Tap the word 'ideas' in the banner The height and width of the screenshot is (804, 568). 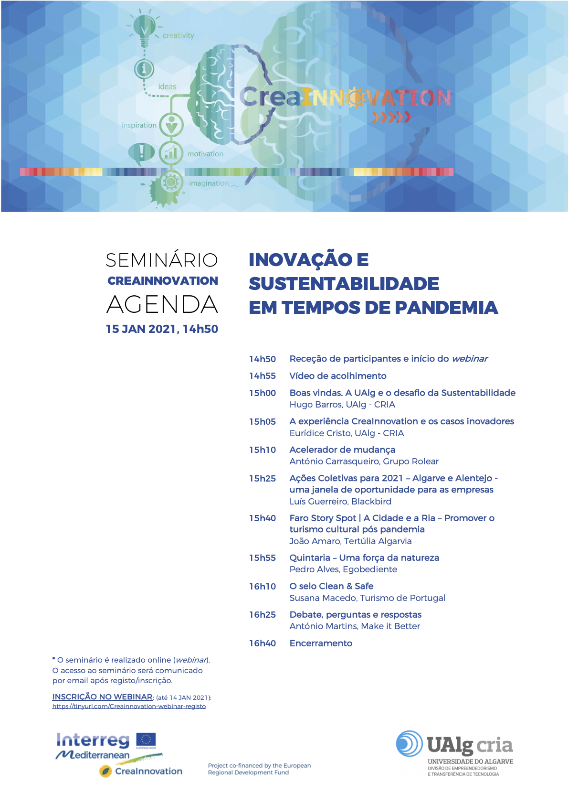coord(167,86)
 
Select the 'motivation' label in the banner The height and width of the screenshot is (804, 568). coord(205,154)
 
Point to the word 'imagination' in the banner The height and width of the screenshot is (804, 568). coord(209,183)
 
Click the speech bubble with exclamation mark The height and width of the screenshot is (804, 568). coord(141,153)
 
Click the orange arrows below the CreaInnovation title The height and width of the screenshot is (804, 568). coord(391,117)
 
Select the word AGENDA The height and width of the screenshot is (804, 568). coord(162,304)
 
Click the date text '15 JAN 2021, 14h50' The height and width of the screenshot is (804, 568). coord(162,329)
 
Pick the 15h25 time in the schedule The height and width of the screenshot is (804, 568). coord(263,478)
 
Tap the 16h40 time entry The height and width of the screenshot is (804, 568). coord(263,643)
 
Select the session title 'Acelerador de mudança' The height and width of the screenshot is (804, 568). coord(342,450)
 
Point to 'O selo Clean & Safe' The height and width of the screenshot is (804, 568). coord(331,586)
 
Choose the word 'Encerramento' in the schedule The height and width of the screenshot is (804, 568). coord(321,643)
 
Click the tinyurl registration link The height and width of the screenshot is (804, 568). coord(129,706)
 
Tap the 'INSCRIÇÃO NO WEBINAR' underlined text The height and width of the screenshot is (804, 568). coord(102,697)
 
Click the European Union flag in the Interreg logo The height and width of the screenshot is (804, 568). coord(146,740)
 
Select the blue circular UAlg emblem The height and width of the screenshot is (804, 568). coord(409,744)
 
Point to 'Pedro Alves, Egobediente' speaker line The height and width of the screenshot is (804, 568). coord(343,569)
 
